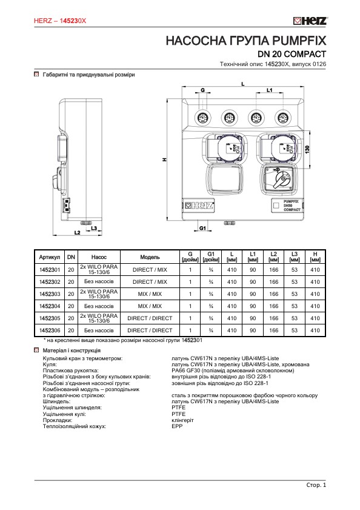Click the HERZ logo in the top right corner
pos(310,21)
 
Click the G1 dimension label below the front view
pos(203,228)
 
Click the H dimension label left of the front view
pos(164,159)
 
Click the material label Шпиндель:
pos(56,401)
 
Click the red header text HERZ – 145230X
pos(61,21)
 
